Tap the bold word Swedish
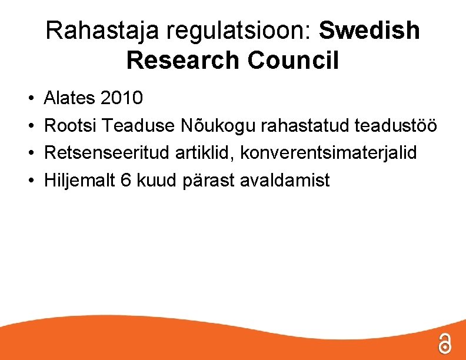370,31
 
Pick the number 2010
122,98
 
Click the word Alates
70,98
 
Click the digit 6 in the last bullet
125,181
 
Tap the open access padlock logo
445,343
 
